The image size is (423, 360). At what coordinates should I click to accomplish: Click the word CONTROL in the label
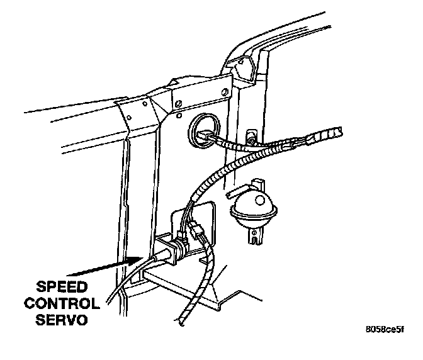pos(61,304)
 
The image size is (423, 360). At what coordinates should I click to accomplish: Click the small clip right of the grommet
pos(252,137)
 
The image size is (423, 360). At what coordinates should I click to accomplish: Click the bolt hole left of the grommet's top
pos(179,118)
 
